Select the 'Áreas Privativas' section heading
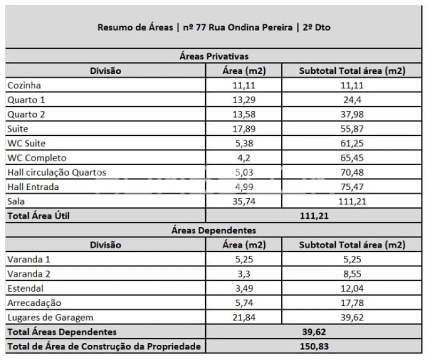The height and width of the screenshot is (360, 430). [x=214, y=56]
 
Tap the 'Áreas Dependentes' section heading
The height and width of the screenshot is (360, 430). [x=214, y=230]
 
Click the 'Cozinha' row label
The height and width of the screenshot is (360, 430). [x=24, y=85]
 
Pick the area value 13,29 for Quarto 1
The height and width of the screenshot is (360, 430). [x=244, y=100]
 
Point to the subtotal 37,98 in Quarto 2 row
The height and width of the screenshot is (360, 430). [x=351, y=114]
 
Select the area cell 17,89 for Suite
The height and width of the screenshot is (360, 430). [x=244, y=129]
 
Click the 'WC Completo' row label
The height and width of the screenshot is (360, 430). [x=37, y=158]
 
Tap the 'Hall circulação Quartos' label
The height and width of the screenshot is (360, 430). [x=57, y=172]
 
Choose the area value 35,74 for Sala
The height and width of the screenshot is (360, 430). [x=244, y=201]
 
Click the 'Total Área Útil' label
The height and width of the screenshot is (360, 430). [x=38, y=216]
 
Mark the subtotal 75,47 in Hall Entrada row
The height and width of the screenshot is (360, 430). [x=351, y=187]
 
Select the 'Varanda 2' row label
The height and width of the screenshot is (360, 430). [x=29, y=274]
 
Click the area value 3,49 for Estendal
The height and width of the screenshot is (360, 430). [x=244, y=288]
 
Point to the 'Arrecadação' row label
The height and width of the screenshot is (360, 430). [x=33, y=303]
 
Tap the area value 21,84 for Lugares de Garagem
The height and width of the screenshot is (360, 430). [x=244, y=317]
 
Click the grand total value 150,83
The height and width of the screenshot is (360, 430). [x=316, y=346]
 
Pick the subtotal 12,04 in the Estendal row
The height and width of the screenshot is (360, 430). [x=351, y=288]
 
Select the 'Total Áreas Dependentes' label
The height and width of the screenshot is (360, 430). [x=62, y=332]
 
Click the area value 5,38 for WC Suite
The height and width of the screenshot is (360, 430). [x=244, y=143]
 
